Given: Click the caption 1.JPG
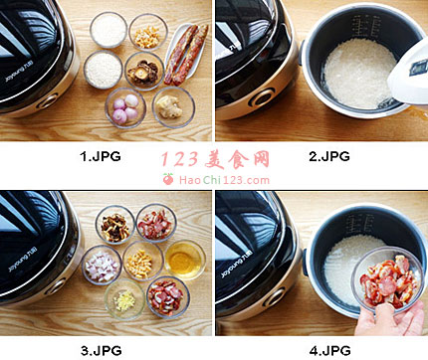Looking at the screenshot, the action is (101, 156).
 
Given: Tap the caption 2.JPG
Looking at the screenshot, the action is (329, 156).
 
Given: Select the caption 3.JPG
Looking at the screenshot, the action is (102, 350).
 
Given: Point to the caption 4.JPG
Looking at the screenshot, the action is (330, 350).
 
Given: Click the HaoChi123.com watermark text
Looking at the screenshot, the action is (224, 180).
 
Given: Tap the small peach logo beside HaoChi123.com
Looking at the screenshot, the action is (168, 179).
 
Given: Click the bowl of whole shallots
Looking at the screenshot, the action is (125, 107).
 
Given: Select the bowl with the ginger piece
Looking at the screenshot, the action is (173, 106).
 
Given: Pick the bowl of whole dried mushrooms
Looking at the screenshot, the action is (144, 71).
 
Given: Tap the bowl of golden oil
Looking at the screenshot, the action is (185, 261).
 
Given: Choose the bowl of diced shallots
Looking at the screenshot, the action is (102, 266).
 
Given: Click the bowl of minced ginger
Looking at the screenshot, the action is (124, 299).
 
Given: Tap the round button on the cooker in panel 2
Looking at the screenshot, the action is (263, 96).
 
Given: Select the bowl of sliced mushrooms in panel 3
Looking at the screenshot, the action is (115, 225).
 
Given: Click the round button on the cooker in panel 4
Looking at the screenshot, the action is (276, 297).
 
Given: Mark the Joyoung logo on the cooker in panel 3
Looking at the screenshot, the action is (23, 262).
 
